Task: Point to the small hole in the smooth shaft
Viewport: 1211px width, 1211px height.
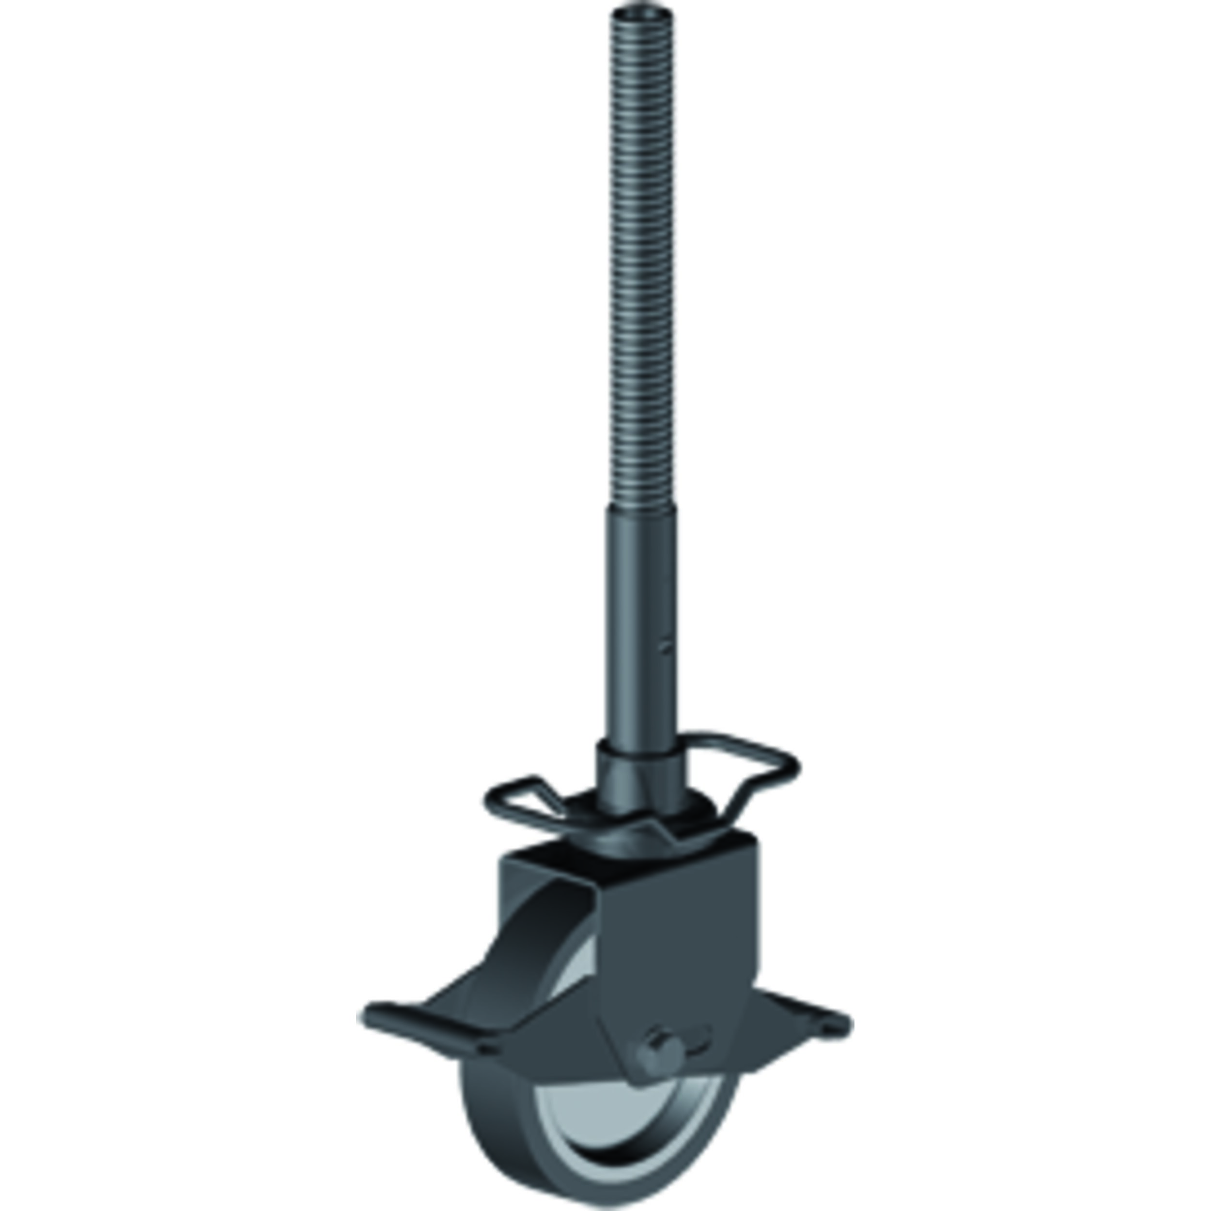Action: click(x=668, y=644)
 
